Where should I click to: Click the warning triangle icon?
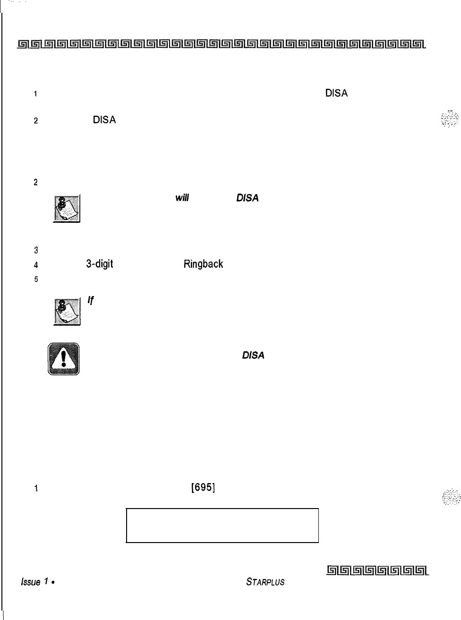[x=63, y=359]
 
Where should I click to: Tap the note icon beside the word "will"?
[x=66, y=209]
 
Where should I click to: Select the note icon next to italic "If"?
[x=66, y=312]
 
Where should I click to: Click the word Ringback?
[x=203, y=264]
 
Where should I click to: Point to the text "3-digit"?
[x=99, y=264]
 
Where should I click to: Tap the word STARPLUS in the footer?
[x=265, y=582]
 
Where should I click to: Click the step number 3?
[x=36, y=250]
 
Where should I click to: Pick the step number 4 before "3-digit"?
[x=36, y=264]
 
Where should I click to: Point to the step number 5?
[x=36, y=279]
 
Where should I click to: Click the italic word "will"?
[x=182, y=198]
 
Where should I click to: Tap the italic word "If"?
[x=91, y=300]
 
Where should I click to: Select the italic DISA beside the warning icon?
[x=253, y=355]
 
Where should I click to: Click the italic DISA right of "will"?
[x=247, y=198]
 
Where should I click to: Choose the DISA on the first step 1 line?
[x=336, y=93]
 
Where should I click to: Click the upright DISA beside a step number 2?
[x=104, y=120]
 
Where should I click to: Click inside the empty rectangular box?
[x=222, y=525]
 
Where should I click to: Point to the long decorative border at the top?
[x=222, y=45]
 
